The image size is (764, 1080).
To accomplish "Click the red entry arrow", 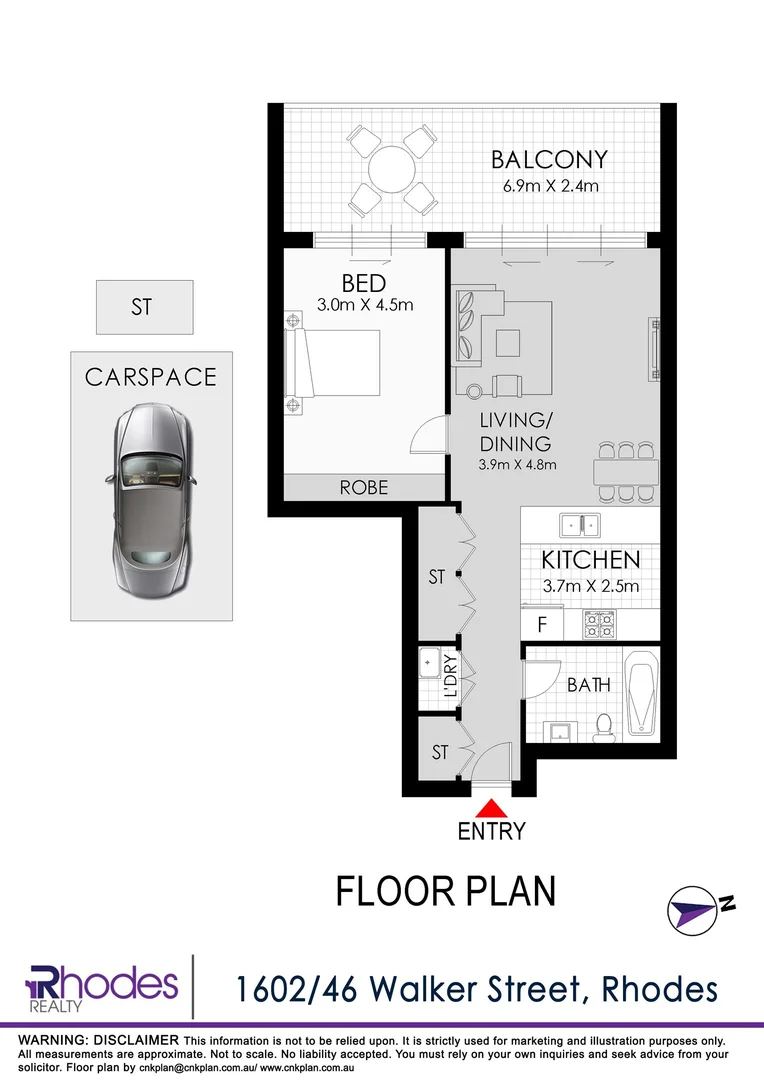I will click(491, 809).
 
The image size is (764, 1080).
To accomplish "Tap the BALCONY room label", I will click(549, 159).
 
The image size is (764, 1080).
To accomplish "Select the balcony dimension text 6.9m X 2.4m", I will click(549, 186).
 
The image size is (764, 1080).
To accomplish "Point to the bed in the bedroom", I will click(333, 364).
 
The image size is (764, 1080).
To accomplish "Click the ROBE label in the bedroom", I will click(364, 487).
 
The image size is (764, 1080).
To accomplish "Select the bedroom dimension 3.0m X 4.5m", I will click(364, 305).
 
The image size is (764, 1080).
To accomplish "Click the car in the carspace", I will click(151, 487).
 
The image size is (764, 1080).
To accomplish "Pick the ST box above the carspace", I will click(144, 307).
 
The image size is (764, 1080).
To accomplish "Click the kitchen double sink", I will click(578, 523).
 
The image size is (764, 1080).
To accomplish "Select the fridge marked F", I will click(541, 624).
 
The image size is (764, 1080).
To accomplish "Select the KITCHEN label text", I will click(590, 560).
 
